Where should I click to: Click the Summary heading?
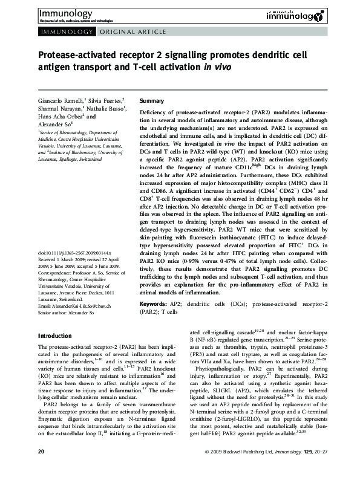(x=152, y=100)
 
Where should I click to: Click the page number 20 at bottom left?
(x=41, y=469)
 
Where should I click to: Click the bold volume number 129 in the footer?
(x=305, y=469)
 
